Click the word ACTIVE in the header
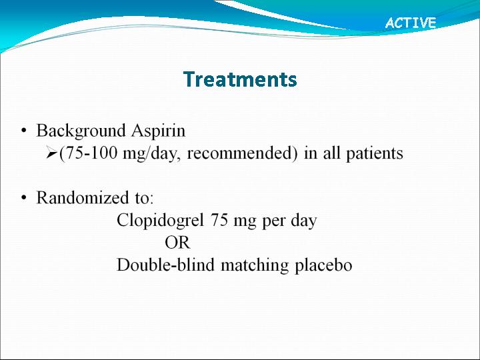coord(411,23)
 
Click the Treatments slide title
coord(240,79)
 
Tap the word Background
coord(81,131)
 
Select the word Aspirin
coord(159,131)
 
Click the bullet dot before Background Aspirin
coord(23,131)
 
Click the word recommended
coord(240,153)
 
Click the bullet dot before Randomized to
coord(23,198)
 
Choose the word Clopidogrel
coord(160,221)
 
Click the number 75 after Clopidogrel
coord(219,220)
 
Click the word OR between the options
coord(177,243)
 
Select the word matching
coord(255,265)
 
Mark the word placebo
coord(323,265)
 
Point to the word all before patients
coord(332,153)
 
